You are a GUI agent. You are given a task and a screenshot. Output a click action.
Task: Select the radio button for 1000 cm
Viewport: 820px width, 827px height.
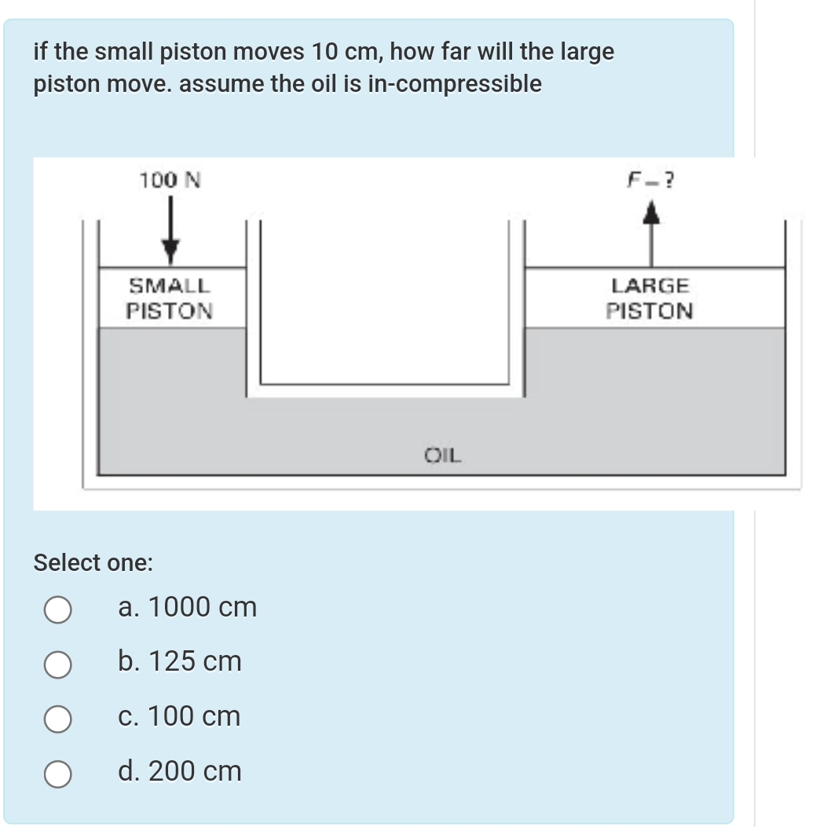58,609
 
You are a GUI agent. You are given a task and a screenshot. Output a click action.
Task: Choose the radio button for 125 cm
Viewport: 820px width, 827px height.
58,664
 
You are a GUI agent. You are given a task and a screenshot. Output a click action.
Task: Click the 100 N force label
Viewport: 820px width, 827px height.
170,181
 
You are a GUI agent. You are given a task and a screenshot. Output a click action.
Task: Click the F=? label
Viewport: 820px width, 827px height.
651,181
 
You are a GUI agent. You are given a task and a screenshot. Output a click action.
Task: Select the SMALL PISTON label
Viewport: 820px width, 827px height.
170,298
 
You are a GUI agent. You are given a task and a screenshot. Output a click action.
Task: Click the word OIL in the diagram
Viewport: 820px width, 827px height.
444,454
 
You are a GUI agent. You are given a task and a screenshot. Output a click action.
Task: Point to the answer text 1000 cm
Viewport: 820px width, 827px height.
187,607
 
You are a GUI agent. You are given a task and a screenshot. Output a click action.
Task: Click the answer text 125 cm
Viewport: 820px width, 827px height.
180,662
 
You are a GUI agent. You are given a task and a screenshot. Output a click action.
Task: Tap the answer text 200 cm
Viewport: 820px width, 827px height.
180,772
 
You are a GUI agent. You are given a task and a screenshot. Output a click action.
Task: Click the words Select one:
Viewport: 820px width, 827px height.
93,562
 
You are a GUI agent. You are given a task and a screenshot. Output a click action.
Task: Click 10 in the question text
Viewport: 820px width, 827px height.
324,53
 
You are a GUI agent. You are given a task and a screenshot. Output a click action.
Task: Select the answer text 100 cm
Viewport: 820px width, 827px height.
180,717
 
